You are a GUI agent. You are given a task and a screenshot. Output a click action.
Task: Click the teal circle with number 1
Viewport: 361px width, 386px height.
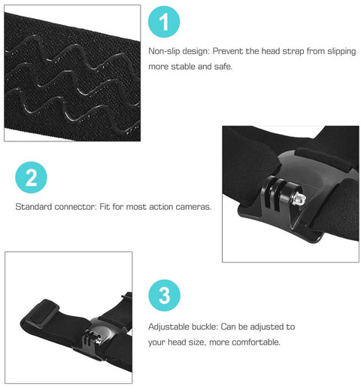164,22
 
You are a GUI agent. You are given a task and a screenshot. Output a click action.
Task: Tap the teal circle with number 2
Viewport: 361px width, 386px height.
31,178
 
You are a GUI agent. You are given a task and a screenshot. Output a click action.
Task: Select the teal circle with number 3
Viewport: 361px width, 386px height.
164,295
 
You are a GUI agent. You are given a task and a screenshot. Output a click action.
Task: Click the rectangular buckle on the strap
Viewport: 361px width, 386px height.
39,312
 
